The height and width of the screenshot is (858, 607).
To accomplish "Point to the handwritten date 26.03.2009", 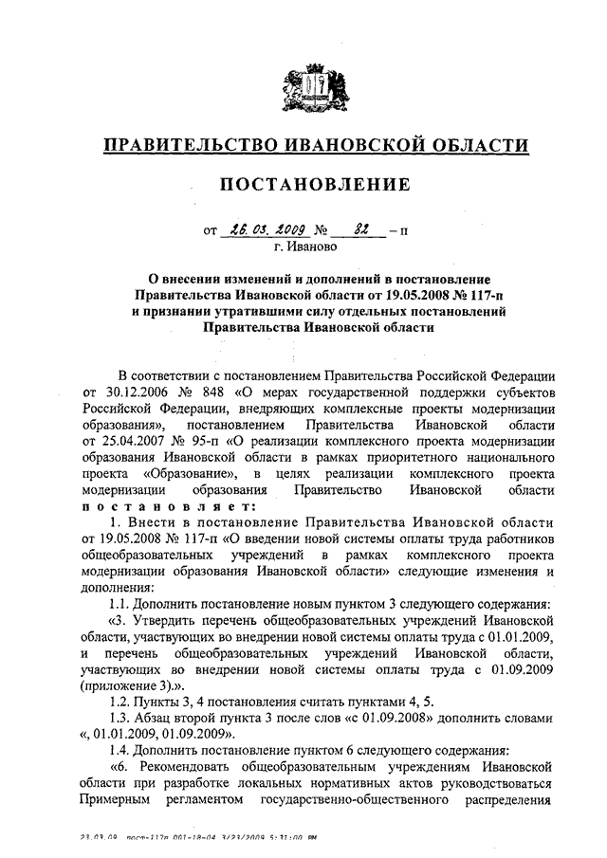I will pyautogui.click(x=258, y=230).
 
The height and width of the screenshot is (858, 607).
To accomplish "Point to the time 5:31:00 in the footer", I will pyautogui.click(x=290, y=837).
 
